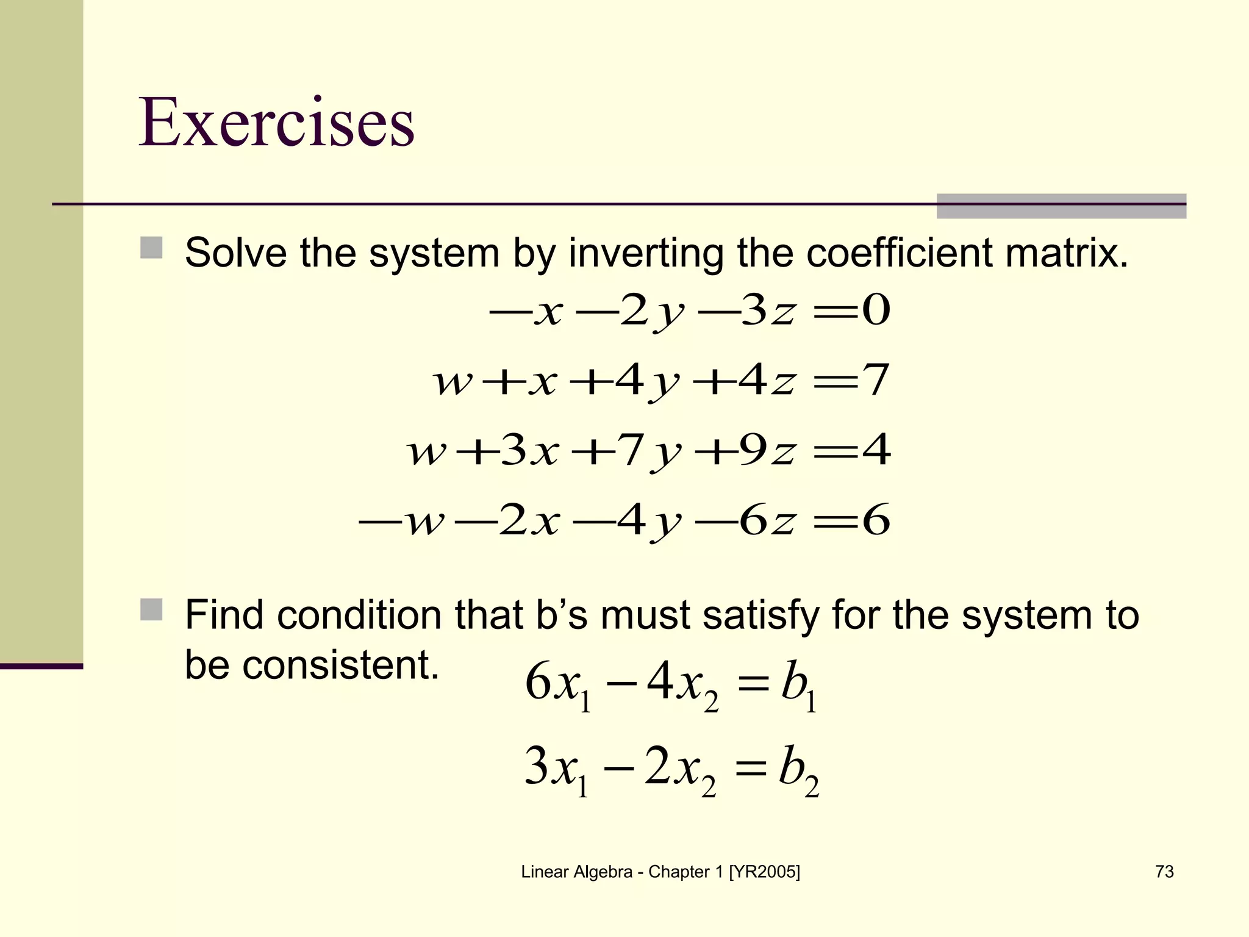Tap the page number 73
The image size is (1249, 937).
tap(1164, 872)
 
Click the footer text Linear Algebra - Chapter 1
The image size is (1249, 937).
tap(660, 872)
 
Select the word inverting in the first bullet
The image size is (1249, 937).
tap(646, 253)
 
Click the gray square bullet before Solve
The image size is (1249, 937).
tap(151, 248)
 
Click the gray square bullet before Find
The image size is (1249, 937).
tap(151, 609)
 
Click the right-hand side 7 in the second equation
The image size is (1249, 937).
tap(876, 380)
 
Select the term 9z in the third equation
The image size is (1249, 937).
tap(767, 451)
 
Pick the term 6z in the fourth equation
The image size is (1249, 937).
tap(767, 521)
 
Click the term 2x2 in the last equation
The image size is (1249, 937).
tap(679, 770)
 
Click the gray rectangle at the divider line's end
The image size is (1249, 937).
tap(1061, 206)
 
